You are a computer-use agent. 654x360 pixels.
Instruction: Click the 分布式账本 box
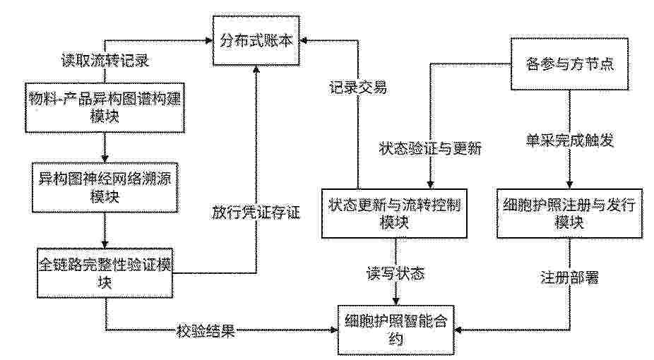coord(256,41)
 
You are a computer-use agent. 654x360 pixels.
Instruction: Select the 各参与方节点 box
coord(569,64)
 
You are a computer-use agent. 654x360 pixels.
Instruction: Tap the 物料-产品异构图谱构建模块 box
coord(105,107)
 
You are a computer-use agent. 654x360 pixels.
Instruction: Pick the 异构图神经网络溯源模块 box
coord(105,187)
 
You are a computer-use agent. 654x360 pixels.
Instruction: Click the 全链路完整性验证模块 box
coord(105,273)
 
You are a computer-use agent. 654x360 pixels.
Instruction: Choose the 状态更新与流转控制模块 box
coord(394,213)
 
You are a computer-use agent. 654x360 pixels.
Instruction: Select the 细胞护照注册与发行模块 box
coord(569,213)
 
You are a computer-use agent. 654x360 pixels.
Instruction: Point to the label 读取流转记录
coord(105,61)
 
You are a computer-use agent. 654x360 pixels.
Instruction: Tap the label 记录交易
coord(358,88)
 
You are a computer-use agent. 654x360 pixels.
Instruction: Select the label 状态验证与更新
coord(430,148)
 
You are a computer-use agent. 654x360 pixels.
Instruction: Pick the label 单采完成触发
coord(569,140)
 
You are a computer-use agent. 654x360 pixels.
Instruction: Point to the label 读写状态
coord(396,273)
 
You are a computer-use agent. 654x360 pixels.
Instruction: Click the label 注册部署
coord(569,277)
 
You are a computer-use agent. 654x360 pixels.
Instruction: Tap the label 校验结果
coord(206,331)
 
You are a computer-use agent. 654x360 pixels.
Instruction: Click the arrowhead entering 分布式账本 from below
coord(256,70)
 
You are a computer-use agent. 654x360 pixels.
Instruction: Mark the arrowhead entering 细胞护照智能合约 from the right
coord(458,330)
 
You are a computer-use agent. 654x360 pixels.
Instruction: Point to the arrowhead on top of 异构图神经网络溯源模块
coord(105,159)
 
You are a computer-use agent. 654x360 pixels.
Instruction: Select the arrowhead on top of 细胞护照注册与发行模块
coord(569,185)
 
